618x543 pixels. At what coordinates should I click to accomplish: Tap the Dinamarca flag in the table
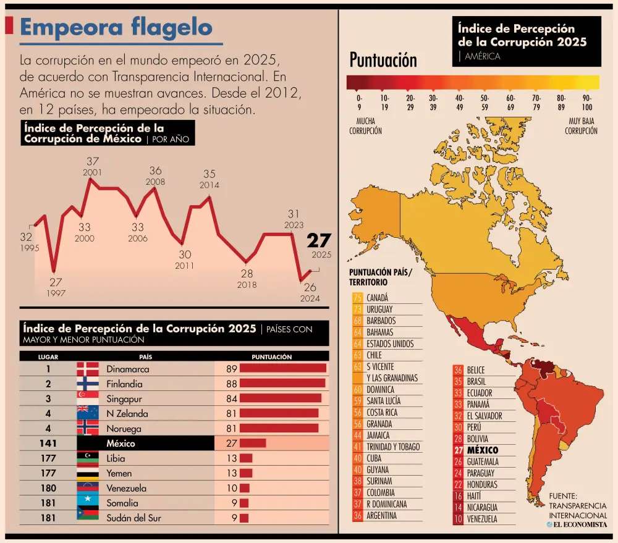(87, 369)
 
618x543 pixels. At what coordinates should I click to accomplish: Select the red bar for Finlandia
(282, 384)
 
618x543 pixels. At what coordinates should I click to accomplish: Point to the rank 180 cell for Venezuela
(48, 488)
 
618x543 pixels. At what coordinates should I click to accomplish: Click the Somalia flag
(87, 503)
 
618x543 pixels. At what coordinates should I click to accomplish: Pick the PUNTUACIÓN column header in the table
(271, 356)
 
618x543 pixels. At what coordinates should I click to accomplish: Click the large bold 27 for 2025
(320, 240)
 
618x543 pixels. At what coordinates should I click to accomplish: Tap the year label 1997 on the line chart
(56, 293)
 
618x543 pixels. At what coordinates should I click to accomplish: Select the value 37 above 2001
(93, 162)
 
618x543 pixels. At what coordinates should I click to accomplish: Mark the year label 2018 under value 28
(247, 285)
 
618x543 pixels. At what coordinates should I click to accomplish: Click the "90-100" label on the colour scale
(587, 102)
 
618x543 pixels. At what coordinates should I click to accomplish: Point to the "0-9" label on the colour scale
(358, 102)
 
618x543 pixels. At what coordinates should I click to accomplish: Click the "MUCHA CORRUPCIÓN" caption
(365, 127)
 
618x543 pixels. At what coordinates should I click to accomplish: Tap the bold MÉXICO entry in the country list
(482, 450)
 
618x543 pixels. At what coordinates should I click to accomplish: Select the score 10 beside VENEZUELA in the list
(458, 519)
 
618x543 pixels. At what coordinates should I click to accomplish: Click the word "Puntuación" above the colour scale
(383, 60)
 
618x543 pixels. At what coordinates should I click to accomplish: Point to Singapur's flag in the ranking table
(87, 398)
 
